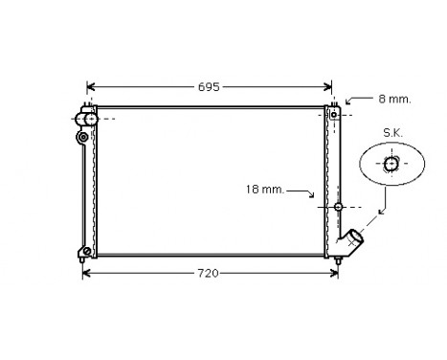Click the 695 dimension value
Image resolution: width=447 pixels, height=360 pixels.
pyautogui.click(x=209, y=86)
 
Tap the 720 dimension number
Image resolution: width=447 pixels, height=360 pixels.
pyautogui.click(x=209, y=273)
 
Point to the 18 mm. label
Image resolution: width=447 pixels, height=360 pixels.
pyautogui.click(x=265, y=191)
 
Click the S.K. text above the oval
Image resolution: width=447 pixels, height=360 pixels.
pyautogui.click(x=391, y=132)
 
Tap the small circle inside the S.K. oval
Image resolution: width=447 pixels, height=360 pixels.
pyautogui.click(x=391, y=165)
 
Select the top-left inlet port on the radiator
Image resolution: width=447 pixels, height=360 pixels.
pyautogui.click(x=85, y=118)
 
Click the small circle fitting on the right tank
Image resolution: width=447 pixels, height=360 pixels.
pyautogui.click(x=338, y=206)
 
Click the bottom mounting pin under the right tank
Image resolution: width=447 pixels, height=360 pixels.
pyautogui.click(x=338, y=258)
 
